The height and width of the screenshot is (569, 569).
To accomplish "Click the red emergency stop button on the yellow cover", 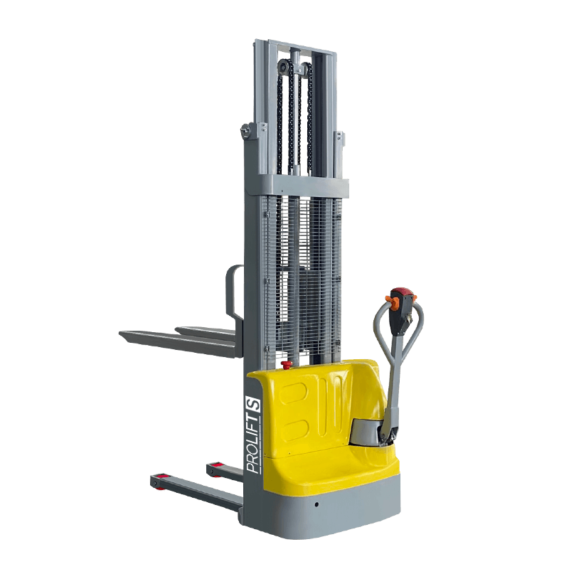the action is [x=287, y=364].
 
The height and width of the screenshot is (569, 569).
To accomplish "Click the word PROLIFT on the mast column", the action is [x=254, y=445].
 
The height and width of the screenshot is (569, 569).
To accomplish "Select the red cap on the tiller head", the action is [x=402, y=292].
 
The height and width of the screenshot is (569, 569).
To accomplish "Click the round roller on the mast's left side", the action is [x=246, y=130].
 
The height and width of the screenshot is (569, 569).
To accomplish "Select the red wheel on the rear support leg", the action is [x=216, y=469].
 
